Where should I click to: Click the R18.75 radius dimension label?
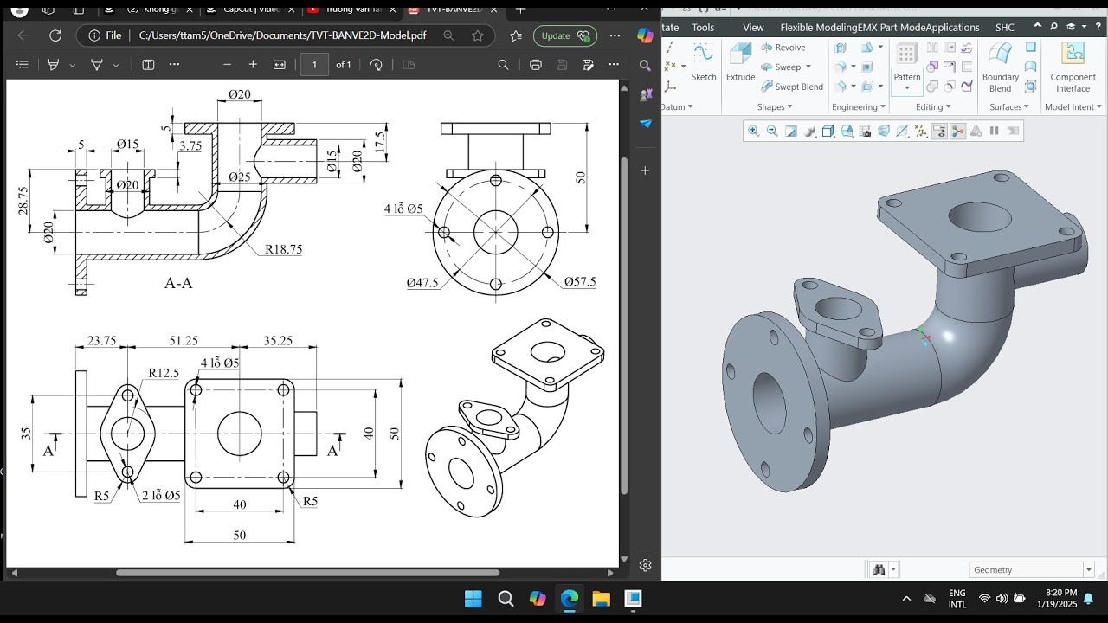point(284,249)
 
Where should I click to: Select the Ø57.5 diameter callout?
point(579,282)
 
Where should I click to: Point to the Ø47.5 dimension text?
point(422,283)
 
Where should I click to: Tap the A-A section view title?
point(178,283)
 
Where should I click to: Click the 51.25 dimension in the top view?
point(184,341)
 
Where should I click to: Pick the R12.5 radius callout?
point(164,373)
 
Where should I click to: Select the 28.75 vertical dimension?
point(23,201)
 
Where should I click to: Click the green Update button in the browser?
point(564,35)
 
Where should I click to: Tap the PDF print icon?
point(535,65)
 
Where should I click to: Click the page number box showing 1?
point(314,65)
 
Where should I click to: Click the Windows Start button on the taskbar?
point(473,599)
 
